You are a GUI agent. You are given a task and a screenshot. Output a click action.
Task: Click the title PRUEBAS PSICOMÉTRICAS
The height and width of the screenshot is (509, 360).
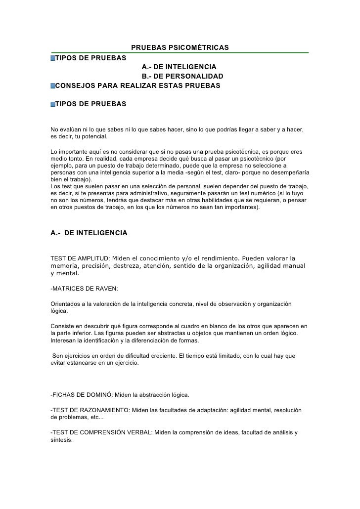coord(180,47)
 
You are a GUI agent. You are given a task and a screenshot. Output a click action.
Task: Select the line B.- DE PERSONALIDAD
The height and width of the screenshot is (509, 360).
coord(182,76)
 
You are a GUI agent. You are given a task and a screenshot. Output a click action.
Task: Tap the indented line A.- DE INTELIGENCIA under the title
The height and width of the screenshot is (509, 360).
coord(179,67)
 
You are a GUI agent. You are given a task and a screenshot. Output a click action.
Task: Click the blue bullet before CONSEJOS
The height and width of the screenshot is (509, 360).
coord(52,86)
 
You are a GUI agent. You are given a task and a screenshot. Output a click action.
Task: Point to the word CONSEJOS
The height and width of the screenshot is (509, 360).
coord(76,86)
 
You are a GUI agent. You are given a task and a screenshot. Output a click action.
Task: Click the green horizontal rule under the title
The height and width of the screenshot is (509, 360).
coord(180,52)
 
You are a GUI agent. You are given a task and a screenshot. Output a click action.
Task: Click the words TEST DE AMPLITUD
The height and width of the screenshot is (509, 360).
coord(80,258)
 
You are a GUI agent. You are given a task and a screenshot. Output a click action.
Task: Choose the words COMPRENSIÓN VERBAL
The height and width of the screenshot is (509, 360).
coord(113,433)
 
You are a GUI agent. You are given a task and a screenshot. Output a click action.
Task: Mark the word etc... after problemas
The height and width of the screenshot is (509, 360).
coord(90,418)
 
